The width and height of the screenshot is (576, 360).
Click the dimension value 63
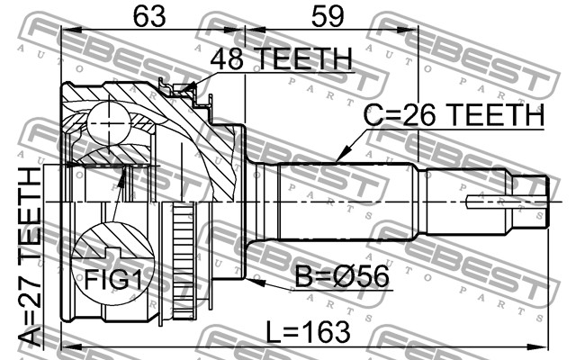point(149,16)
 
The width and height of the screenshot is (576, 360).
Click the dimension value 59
point(328,16)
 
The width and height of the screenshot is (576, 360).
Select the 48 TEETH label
point(282,58)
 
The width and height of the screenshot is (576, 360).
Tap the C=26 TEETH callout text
point(454,114)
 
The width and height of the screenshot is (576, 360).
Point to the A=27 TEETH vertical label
point(30,256)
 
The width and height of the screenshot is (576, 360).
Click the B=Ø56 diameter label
point(342,276)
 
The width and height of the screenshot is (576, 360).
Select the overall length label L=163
point(308,332)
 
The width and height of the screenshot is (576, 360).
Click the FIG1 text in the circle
point(113,280)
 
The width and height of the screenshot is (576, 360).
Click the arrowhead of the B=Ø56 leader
point(256,282)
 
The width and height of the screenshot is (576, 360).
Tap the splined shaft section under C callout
point(346,202)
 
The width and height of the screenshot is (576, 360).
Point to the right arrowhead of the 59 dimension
point(408,30)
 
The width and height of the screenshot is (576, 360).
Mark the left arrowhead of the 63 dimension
point(71,30)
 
